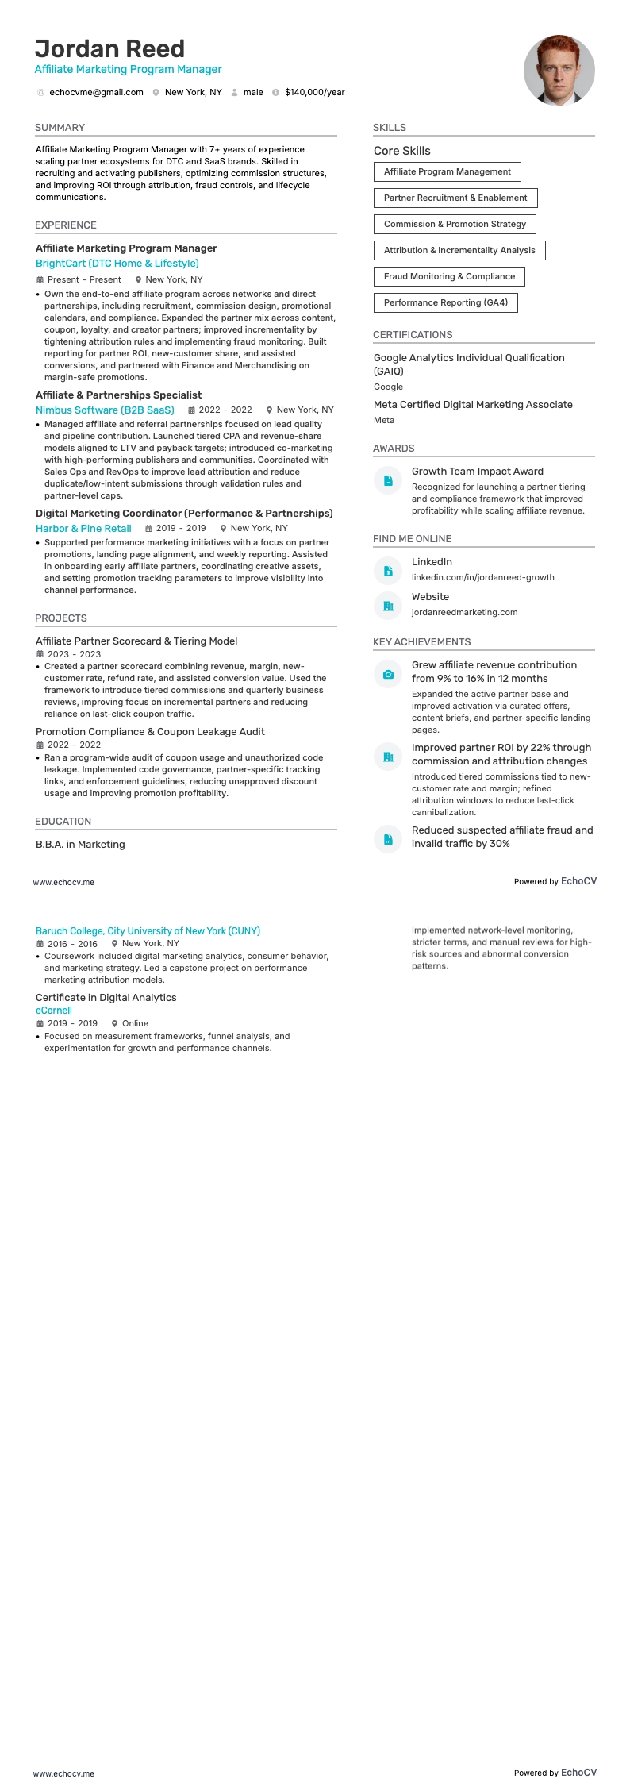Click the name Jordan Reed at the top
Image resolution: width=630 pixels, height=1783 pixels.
pos(109,49)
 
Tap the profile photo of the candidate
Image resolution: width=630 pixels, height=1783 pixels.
pos(559,70)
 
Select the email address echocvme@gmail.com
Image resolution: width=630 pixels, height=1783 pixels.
pos(96,93)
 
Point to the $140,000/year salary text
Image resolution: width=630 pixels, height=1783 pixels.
pos(314,93)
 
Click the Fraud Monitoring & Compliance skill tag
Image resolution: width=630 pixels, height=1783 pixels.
pos(449,277)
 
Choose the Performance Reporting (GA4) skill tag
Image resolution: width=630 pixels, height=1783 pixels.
pos(445,303)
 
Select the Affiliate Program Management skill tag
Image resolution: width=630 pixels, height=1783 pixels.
pos(447,172)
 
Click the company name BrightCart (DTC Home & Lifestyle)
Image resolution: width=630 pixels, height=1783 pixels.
pos(117,264)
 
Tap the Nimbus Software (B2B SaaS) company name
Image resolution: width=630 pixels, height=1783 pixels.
pos(105,410)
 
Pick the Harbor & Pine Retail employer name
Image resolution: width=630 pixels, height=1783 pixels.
pos(83,529)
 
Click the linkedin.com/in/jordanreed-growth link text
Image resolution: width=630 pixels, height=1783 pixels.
pos(482,578)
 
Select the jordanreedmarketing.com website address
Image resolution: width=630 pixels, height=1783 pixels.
pos(464,613)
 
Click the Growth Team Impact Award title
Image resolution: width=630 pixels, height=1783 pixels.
pos(477,472)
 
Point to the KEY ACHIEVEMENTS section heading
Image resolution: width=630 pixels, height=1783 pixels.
pos(421,642)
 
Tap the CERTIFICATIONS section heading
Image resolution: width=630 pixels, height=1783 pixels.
pos(413,335)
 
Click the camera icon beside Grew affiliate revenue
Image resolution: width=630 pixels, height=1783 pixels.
pos(388,675)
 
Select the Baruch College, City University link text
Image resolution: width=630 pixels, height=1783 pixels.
pos(148,931)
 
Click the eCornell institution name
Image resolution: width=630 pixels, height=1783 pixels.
pos(54,1011)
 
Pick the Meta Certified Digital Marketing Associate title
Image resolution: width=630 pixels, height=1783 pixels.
pos(473,405)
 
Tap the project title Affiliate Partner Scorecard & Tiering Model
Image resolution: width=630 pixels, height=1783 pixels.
pos(136,641)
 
